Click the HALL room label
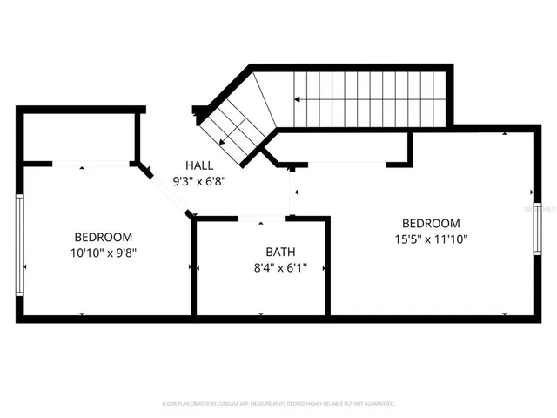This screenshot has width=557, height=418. [x=199, y=165]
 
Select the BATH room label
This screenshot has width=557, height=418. [x=261, y=252]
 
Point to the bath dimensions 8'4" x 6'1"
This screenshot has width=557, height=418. [x=261, y=268]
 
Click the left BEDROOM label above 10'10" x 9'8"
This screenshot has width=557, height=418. [x=103, y=237]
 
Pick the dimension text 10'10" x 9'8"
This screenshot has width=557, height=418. [x=103, y=253]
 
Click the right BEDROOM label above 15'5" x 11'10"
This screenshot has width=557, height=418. [x=431, y=222]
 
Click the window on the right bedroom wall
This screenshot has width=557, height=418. [x=537, y=224]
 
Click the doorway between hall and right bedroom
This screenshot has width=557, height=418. [x=292, y=192]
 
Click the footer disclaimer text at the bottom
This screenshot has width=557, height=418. [x=278, y=404]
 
